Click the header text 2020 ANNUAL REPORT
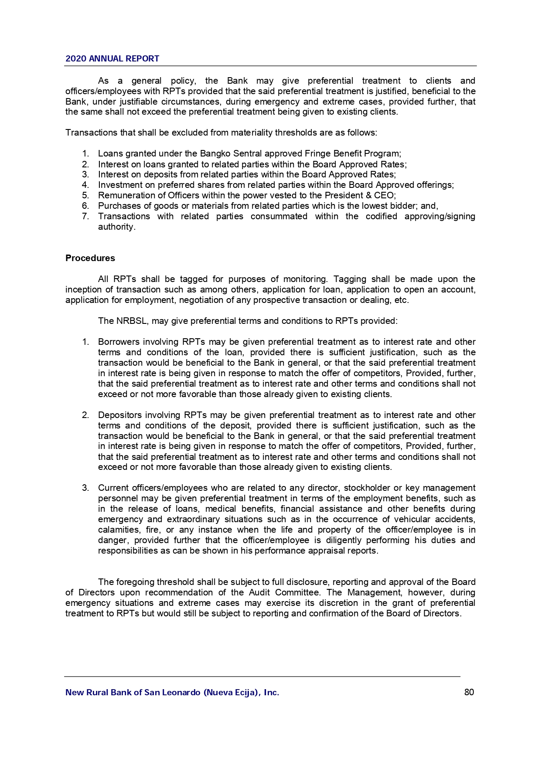pos(112,59)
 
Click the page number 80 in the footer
pos(469,692)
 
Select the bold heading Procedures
pos(90,258)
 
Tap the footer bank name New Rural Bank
pos(172,692)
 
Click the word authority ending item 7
pos(116,227)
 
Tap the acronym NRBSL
pos(132,321)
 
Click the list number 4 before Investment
pos(85,185)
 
